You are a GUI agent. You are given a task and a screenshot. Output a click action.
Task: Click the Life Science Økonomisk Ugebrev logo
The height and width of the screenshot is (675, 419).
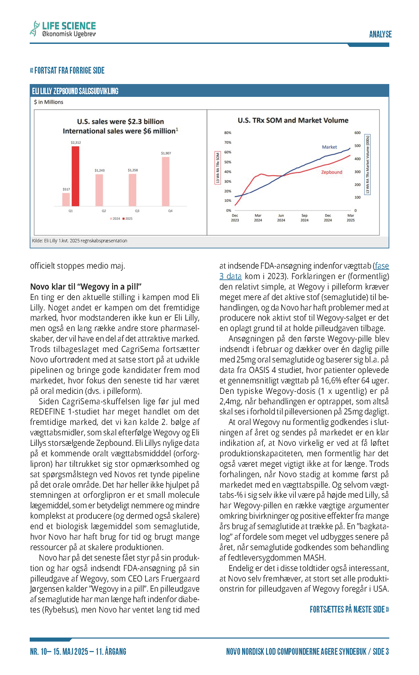pyautogui.click(x=63, y=29)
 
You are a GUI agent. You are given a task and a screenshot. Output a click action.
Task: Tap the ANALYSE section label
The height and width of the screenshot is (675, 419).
pyautogui.click(x=380, y=34)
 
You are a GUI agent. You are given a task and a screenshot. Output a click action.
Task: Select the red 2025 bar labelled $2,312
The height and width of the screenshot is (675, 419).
pyautogui.click(x=75, y=176)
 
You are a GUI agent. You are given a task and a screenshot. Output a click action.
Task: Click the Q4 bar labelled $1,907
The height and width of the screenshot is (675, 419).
pyautogui.click(x=166, y=181)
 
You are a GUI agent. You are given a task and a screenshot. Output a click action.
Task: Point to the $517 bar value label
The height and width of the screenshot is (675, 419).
pyautogui.click(x=66, y=189)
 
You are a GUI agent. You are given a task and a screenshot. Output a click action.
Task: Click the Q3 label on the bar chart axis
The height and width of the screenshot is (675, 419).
pyautogui.click(x=137, y=211)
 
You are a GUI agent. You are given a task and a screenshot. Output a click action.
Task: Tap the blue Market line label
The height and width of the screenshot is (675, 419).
pyautogui.click(x=329, y=147)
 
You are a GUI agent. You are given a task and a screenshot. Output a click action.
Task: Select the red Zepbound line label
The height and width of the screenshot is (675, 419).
pyautogui.click(x=332, y=172)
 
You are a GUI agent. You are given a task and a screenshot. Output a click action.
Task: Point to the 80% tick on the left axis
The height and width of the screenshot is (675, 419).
pyautogui.click(x=228, y=133)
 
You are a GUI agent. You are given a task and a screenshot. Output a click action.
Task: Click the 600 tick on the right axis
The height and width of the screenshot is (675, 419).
pyautogui.click(x=358, y=133)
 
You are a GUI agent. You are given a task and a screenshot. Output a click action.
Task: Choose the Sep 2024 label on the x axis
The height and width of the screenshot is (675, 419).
pyautogui.click(x=304, y=218)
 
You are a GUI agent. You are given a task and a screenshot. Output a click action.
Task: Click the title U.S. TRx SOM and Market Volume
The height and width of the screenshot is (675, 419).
pyautogui.click(x=293, y=120)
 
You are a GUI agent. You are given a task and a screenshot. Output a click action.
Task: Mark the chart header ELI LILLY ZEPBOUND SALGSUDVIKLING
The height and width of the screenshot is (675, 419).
pyautogui.click(x=75, y=91)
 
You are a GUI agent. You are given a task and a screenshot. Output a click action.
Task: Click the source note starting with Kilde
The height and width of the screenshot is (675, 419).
pyautogui.click(x=80, y=241)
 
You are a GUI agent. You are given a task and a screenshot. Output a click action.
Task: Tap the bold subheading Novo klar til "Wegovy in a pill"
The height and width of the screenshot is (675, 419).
pyautogui.click(x=86, y=287)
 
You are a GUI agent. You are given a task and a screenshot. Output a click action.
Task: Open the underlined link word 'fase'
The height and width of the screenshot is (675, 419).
pyautogui.click(x=382, y=266)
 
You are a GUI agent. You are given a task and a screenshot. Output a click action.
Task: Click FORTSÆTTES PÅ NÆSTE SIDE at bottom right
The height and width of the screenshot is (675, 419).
pyautogui.click(x=349, y=609)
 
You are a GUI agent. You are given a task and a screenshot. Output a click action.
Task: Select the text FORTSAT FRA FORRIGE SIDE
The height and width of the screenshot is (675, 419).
pyautogui.click(x=68, y=71)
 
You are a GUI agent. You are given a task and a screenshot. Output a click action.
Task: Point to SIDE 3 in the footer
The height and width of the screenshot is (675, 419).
pyautogui.click(x=381, y=651)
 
